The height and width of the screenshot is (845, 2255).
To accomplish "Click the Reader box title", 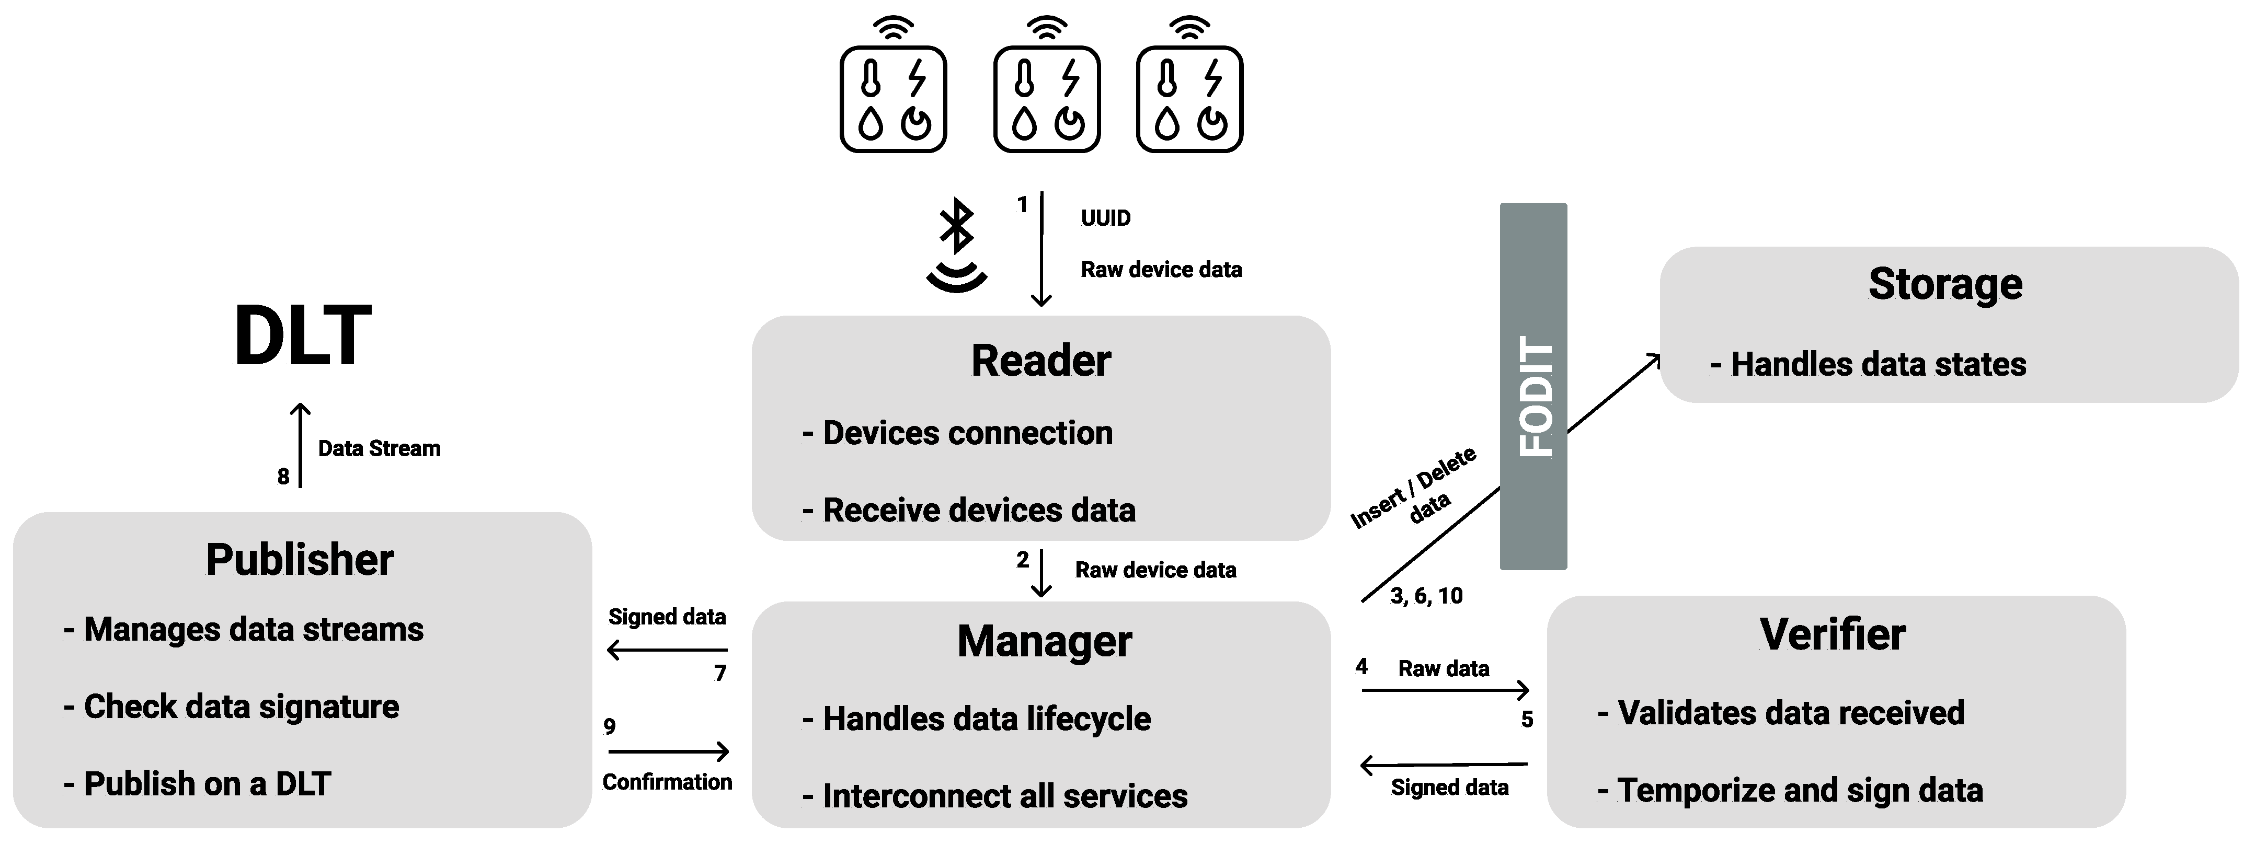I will (1041, 361).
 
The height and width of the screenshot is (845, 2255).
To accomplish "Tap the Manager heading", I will (1044, 641).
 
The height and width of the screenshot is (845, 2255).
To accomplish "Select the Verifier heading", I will (1832, 634).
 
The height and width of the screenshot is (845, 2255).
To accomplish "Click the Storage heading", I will (1945, 284).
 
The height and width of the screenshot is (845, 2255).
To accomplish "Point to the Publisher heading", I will (300, 560).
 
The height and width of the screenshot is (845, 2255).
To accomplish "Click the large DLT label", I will (303, 336).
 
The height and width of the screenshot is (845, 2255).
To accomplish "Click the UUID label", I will (1105, 218).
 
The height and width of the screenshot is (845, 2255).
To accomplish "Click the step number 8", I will (283, 477).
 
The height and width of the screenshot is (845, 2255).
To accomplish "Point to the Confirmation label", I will (667, 782).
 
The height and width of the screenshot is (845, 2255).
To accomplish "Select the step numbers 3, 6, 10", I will (1426, 596).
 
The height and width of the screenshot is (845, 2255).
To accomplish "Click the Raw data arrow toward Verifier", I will (1445, 690).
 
